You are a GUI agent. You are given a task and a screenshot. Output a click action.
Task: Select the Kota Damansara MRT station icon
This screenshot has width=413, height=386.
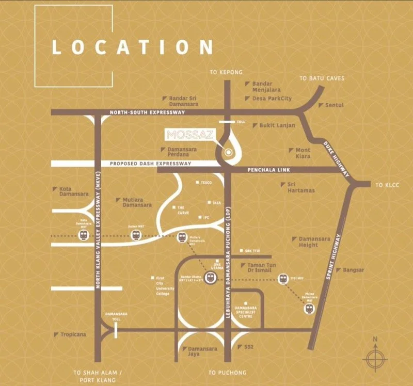(x=84, y=235)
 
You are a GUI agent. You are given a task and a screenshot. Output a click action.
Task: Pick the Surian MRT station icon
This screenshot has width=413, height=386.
(x=135, y=235)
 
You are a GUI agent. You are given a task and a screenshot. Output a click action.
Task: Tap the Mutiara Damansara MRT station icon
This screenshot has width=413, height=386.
(x=181, y=237)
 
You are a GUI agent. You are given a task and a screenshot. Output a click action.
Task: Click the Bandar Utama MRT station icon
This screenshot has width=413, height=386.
(x=210, y=278)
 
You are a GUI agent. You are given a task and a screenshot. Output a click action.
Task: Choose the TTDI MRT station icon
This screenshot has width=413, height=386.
(x=283, y=279)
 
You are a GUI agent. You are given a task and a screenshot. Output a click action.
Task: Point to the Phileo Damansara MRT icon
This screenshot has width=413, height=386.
(x=308, y=309)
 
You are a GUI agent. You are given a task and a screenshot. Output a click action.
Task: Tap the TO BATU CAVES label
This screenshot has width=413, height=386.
(x=322, y=78)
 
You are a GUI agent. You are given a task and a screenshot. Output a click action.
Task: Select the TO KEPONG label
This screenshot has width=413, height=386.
(x=226, y=72)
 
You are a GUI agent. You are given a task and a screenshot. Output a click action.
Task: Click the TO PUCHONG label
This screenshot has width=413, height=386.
(x=228, y=372)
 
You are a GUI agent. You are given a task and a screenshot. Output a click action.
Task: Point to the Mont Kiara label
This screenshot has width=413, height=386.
(x=303, y=153)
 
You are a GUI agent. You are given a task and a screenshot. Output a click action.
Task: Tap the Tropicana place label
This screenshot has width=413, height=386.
(x=73, y=334)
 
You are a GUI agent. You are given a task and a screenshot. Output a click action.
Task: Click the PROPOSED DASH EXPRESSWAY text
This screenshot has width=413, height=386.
(x=150, y=164)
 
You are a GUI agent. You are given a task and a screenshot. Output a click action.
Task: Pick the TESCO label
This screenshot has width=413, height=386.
(x=206, y=182)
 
